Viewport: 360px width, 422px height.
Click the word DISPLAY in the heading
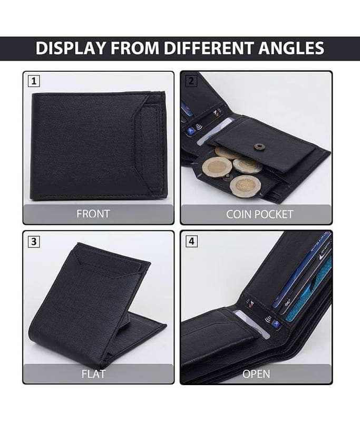click(x=71, y=49)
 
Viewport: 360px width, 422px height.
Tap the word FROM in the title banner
click(x=135, y=49)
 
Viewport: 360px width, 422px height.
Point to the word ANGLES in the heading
click(x=291, y=49)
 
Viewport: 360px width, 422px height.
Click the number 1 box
click(x=34, y=81)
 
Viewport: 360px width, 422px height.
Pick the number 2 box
click(x=191, y=81)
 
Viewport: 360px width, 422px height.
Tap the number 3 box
click(x=34, y=242)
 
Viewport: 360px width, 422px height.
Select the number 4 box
click(x=191, y=241)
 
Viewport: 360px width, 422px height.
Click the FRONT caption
click(x=93, y=214)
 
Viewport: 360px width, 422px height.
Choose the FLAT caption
click(x=93, y=374)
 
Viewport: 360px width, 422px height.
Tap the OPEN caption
click(x=256, y=374)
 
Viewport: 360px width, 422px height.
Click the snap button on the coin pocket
click(x=258, y=146)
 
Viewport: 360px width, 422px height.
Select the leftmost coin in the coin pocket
click(x=217, y=167)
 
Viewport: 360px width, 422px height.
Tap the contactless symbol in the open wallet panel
click(x=268, y=320)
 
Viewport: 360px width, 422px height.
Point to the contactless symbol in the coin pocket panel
click(x=198, y=126)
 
